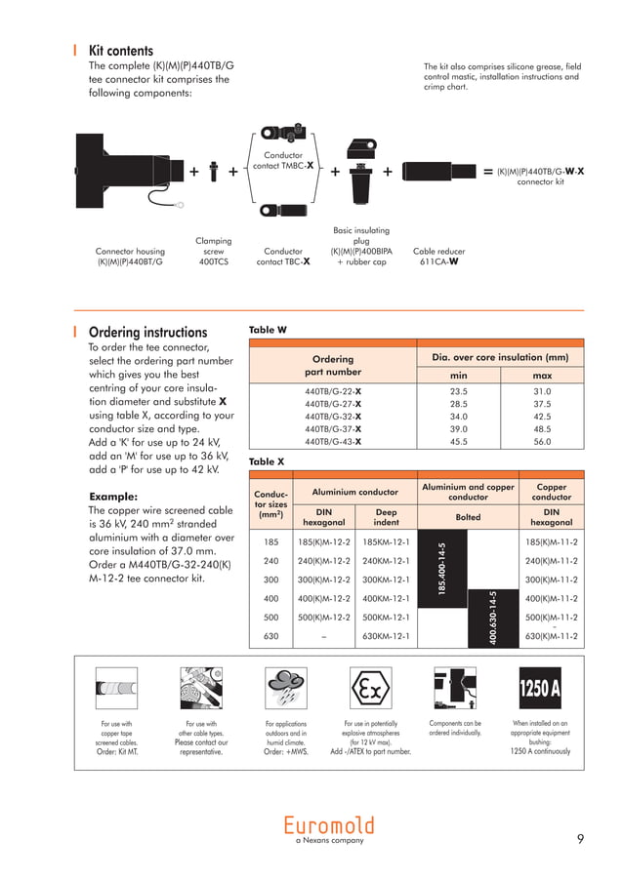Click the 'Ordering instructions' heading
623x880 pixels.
click(x=147, y=333)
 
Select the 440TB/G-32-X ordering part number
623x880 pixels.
click(x=333, y=416)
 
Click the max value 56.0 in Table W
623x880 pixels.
click(x=541, y=441)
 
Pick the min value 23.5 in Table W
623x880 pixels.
click(x=458, y=390)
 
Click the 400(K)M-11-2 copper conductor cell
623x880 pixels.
click(x=551, y=599)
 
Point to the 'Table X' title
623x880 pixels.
click(x=268, y=461)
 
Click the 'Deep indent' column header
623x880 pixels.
click(x=386, y=516)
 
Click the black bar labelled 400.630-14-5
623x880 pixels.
click(x=493, y=617)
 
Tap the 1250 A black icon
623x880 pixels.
click(x=540, y=689)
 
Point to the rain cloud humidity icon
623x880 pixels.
click(x=285, y=691)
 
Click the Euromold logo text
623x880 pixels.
click(x=329, y=824)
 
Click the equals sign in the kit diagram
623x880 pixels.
click(x=487, y=172)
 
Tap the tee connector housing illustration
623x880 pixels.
click(x=126, y=170)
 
